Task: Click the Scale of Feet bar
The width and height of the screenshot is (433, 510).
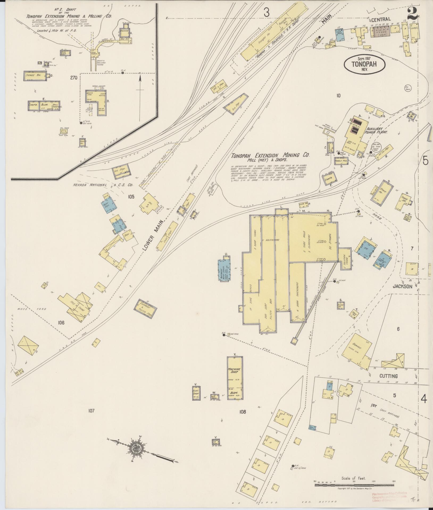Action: (353, 485)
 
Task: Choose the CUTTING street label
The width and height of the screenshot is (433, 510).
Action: (388, 376)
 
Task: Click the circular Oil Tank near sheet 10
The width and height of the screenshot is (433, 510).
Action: (407, 88)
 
